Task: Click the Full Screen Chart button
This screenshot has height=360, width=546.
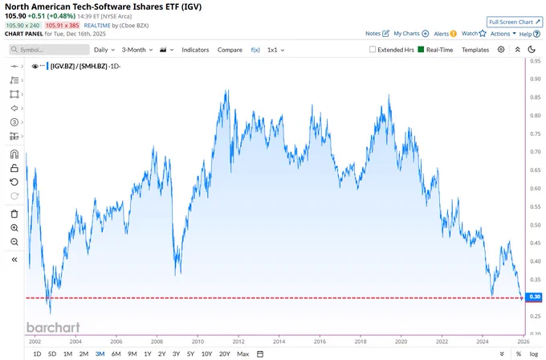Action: click(x=514, y=22)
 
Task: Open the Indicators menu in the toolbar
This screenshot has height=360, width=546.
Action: click(x=195, y=50)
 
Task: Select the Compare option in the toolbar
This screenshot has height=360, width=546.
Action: click(x=230, y=50)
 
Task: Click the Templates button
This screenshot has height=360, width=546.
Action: click(x=475, y=50)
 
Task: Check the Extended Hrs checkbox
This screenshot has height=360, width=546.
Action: click(x=373, y=50)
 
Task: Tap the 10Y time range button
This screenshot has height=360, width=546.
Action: click(x=206, y=354)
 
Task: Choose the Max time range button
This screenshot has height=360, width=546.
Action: click(x=243, y=354)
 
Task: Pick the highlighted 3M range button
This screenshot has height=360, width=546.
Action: click(x=99, y=354)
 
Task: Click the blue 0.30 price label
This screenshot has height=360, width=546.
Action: click(x=536, y=297)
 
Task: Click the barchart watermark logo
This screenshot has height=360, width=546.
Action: click(x=53, y=327)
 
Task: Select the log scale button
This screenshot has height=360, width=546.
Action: click(x=533, y=354)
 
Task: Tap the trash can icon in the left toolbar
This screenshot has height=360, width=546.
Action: click(x=14, y=214)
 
